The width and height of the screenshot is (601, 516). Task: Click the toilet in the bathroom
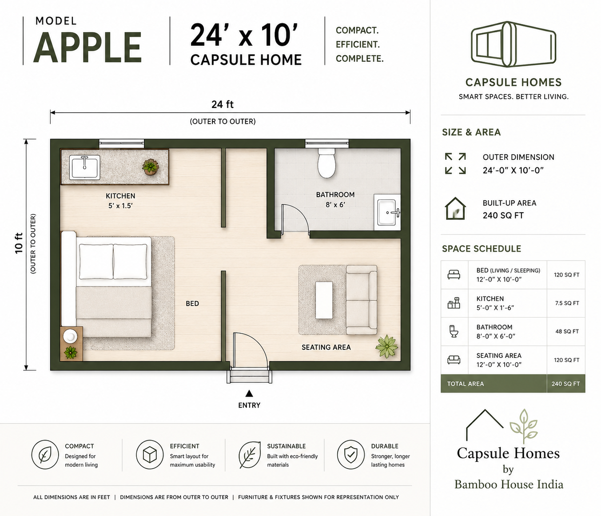coord(326,162)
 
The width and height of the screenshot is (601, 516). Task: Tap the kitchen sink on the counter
coord(84,167)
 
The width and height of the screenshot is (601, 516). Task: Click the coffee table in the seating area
coord(324,300)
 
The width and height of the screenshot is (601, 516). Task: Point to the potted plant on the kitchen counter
coord(150,167)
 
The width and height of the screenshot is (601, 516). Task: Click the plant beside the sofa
coord(386,346)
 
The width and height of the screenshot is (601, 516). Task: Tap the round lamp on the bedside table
coord(70,336)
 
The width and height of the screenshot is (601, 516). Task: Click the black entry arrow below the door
coord(249,393)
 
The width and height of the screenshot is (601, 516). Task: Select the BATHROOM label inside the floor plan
coord(335,194)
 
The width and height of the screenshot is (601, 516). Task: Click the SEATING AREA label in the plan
coord(326,347)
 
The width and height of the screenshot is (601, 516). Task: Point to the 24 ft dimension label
coord(223,104)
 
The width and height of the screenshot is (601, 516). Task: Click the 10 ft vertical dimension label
coord(19,243)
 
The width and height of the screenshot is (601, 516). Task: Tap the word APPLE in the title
coord(88,48)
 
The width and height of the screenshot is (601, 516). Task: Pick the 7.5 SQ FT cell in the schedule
coord(567,303)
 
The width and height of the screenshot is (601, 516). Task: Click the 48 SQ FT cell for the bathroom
coord(567,331)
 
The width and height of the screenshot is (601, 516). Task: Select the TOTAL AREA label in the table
coord(466,384)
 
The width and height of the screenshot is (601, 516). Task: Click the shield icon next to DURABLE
coord(350,454)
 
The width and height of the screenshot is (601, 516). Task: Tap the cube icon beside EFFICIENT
coord(150,454)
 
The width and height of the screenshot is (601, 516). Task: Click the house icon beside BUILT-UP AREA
coord(455,208)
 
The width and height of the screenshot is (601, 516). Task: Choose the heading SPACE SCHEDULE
coord(482,249)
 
